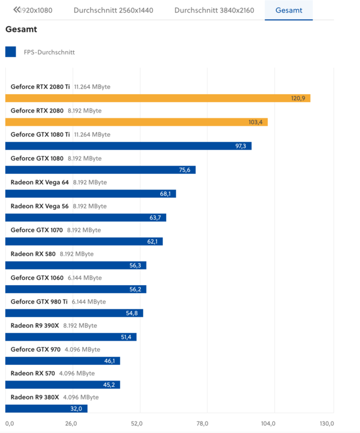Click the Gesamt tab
click(x=288, y=10)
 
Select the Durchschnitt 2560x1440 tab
click(x=113, y=10)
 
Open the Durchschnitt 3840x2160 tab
click(x=214, y=10)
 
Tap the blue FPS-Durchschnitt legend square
click(x=10, y=52)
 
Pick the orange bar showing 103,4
click(x=136, y=122)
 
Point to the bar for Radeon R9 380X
click(x=46, y=408)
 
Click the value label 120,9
click(x=298, y=98)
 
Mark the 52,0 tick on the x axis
click(x=137, y=424)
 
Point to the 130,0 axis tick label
click(x=327, y=424)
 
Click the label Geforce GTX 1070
click(x=36, y=230)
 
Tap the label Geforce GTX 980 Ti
click(x=39, y=301)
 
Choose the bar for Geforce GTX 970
click(x=62, y=361)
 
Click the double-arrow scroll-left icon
click(x=16, y=10)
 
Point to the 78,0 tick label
click(x=202, y=424)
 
